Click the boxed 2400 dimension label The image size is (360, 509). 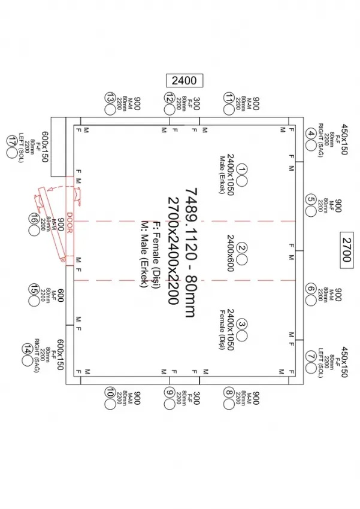[x=183, y=80]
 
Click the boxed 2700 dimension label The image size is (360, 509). [x=348, y=246]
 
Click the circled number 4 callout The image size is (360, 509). [x=311, y=134]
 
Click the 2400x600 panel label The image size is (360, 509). [x=230, y=247]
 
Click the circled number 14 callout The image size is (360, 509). [x=26, y=349]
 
